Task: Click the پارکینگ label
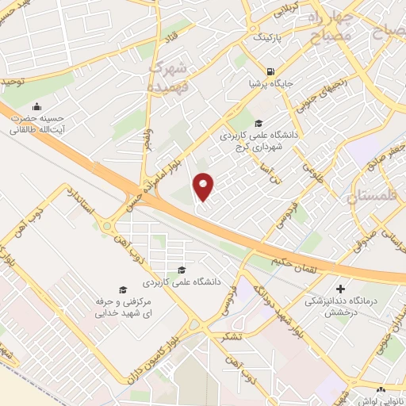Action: [266, 37]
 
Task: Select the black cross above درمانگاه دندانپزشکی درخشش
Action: [341, 289]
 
